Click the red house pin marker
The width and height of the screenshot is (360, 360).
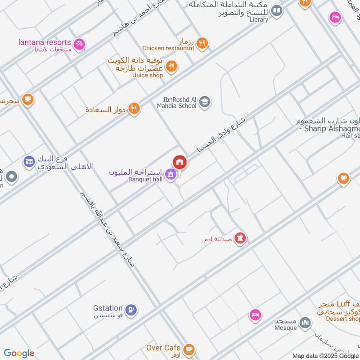point(180,162)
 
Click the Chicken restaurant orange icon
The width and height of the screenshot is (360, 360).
point(202,43)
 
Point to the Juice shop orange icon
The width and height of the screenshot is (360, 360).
point(171,67)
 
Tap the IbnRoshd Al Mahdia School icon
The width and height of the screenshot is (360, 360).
point(205,102)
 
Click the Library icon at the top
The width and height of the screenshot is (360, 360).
point(277,10)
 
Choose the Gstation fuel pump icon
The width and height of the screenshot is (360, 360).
point(132,309)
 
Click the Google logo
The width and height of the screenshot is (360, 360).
point(19,353)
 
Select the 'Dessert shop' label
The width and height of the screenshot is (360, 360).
point(344,319)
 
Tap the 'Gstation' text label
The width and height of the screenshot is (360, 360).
point(108,308)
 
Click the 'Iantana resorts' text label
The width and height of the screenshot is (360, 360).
point(44,42)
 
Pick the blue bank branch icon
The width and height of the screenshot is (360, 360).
point(29,161)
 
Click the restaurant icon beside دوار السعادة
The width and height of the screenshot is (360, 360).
point(134,109)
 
